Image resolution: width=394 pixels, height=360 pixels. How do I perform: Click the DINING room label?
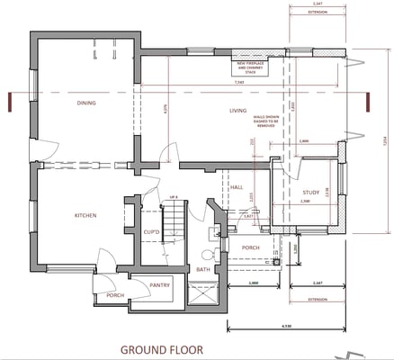pyautogui.click(x=86, y=103)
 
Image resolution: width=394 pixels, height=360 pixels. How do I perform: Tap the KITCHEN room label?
pyautogui.click(x=85, y=216)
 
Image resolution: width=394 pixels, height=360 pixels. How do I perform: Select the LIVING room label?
pyautogui.click(x=237, y=111)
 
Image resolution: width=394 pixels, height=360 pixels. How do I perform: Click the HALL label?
pyautogui.click(x=237, y=186)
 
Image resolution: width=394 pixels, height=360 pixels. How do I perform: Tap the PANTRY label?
pyautogui.click(x=160, y=285)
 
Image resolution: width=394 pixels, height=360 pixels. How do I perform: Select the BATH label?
pyautogui.click(x=203, y=269)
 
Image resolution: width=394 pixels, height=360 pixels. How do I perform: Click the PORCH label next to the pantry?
pyautogui.click(x=114, y=295)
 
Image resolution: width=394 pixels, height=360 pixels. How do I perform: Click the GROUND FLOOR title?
pyautogui.click(x=162, y=348)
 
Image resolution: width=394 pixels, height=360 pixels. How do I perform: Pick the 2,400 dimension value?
pyautogui.click(x=303, y=141)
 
